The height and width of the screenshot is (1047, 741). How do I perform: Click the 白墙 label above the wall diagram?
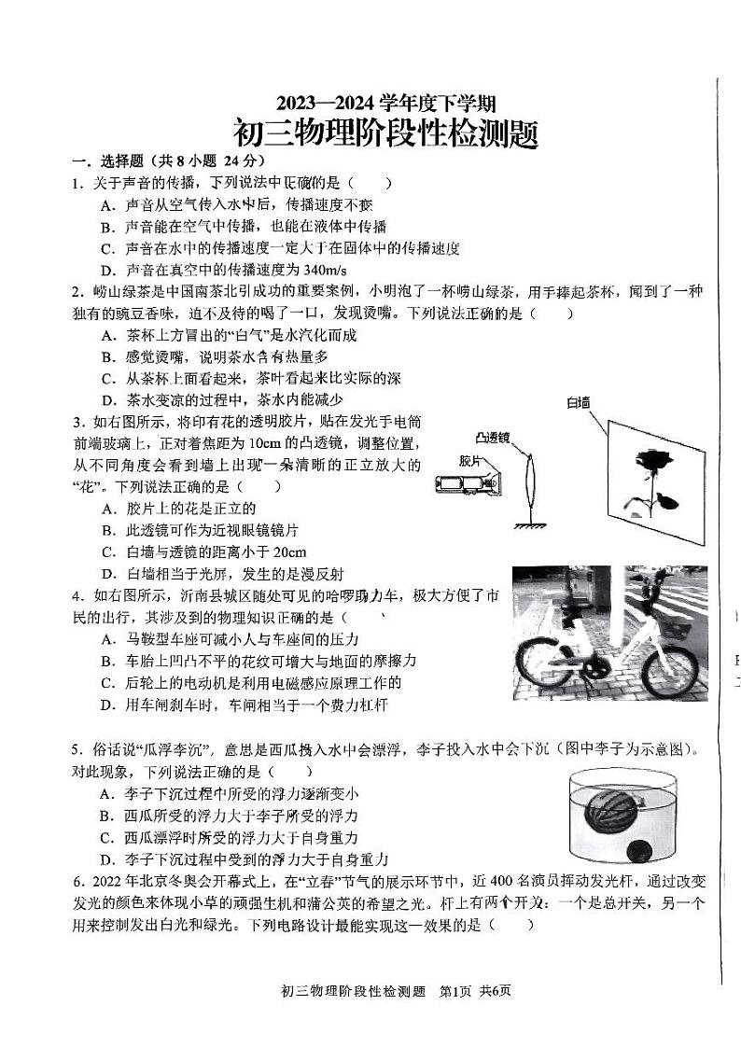579,403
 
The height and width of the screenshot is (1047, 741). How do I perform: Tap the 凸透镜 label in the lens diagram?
491,437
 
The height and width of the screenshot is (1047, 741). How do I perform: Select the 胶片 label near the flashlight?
470,461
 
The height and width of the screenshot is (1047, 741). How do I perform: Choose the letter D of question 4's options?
107,706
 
